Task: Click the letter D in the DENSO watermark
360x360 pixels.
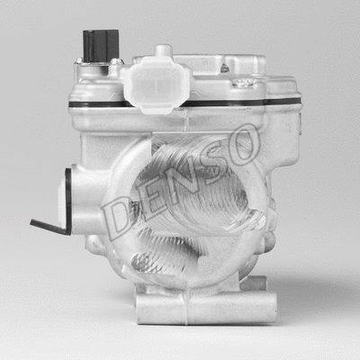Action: point(118,216)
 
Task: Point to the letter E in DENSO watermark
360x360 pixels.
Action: point(147,199)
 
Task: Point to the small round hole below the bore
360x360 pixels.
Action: point(139,262)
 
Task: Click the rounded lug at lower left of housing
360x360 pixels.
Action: point(95,243)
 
